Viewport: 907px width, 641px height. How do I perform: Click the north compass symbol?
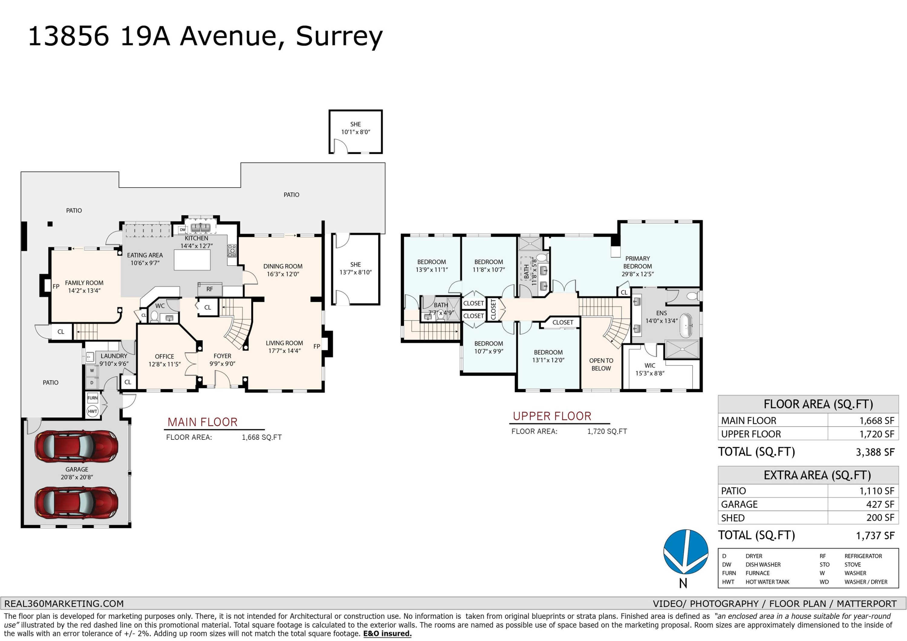point(685,552)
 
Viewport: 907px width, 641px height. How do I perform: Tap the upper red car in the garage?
point(76,446)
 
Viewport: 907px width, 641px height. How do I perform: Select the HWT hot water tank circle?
point(93,411)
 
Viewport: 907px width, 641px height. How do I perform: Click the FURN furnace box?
point(93,398)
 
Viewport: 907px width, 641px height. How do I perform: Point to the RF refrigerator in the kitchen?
point(210,289)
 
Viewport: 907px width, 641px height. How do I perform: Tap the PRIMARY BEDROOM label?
point(637,262)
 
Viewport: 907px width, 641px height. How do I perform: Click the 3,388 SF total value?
point(875,452)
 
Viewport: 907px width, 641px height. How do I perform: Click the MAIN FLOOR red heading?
point(202,422)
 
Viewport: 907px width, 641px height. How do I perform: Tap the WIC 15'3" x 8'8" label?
point(650,369)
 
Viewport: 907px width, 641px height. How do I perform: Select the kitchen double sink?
point(201,228)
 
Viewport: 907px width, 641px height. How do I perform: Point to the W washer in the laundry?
point(92,371)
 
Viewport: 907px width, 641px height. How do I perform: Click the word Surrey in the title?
point(339,36)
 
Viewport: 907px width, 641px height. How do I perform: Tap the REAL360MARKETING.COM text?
point(64,604)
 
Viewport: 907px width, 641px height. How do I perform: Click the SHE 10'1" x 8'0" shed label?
point(356,128)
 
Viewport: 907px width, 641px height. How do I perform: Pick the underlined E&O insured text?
point(387,633)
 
